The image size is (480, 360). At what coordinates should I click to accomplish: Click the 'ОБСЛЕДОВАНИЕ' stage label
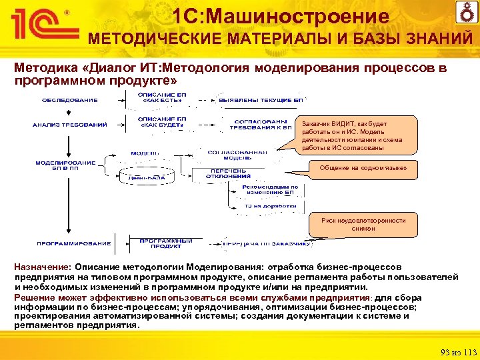coord(70,101)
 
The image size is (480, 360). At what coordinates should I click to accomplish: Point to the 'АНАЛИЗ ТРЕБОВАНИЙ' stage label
coord(70,125)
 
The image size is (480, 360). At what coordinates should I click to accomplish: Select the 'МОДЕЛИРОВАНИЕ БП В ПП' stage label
coord(66,165)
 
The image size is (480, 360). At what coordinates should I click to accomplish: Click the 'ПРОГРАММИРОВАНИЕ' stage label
coord(69,243)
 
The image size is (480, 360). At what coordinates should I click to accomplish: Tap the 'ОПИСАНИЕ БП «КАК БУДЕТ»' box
coord(162,122)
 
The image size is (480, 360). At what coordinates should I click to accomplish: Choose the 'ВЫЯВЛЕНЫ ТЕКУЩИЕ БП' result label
coord(261,100)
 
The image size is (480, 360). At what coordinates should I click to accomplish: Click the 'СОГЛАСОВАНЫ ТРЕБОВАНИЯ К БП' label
coord(260,124)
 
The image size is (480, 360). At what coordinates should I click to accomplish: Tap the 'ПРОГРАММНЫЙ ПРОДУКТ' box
coord(166,243)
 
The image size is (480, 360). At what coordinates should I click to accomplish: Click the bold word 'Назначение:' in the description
coord(44,265)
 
